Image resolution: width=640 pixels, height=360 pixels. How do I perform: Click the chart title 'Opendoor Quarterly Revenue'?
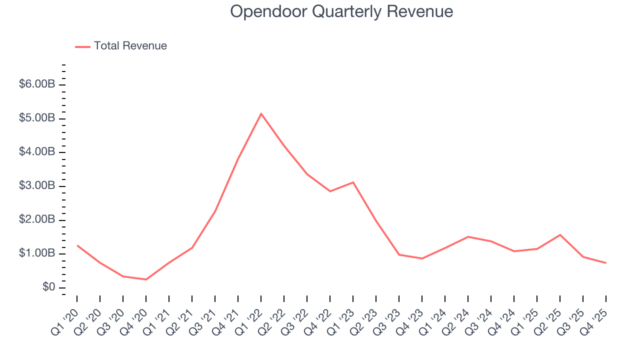341,11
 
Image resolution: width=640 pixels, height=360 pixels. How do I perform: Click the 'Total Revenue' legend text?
130,46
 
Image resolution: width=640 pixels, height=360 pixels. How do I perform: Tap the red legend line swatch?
82,46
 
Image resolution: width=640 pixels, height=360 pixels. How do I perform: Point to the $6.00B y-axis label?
36,84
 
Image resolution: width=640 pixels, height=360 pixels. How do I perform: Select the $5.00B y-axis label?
36,118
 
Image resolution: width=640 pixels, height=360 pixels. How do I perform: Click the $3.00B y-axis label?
36,186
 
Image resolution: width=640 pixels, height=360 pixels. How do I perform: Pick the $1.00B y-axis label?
36,253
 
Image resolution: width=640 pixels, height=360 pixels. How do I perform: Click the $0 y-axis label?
48,287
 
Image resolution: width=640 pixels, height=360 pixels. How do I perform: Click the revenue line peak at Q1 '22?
261,113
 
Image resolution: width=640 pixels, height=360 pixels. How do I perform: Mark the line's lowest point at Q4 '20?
146,279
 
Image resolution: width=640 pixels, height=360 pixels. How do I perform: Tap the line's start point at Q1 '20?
77,245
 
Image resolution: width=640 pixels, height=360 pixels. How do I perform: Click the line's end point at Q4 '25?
606,263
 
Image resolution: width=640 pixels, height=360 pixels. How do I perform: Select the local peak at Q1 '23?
353,182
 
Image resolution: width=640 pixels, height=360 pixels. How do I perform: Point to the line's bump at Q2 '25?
560,234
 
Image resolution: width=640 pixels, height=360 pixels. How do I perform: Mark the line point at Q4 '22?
330,191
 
